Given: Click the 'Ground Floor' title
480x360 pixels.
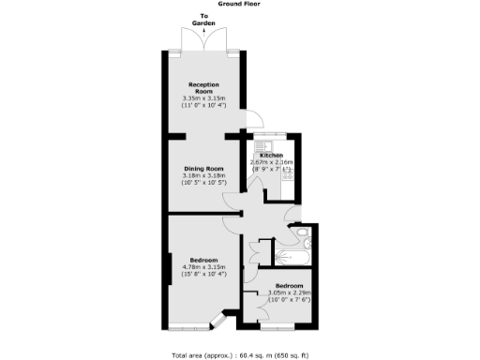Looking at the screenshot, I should pos(240,4).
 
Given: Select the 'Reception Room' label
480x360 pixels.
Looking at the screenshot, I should pos(204,87).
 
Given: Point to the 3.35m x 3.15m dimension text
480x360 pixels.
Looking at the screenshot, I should pos(204,98).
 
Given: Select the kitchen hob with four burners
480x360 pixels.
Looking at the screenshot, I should pos(288,173).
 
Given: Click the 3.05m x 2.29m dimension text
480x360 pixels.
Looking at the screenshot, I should pos(289,292).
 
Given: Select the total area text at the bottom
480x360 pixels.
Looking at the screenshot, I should pos(240,355).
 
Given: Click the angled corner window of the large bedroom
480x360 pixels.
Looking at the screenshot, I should pos(217,322).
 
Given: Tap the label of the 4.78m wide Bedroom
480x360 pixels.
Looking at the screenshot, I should pos(203,259).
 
